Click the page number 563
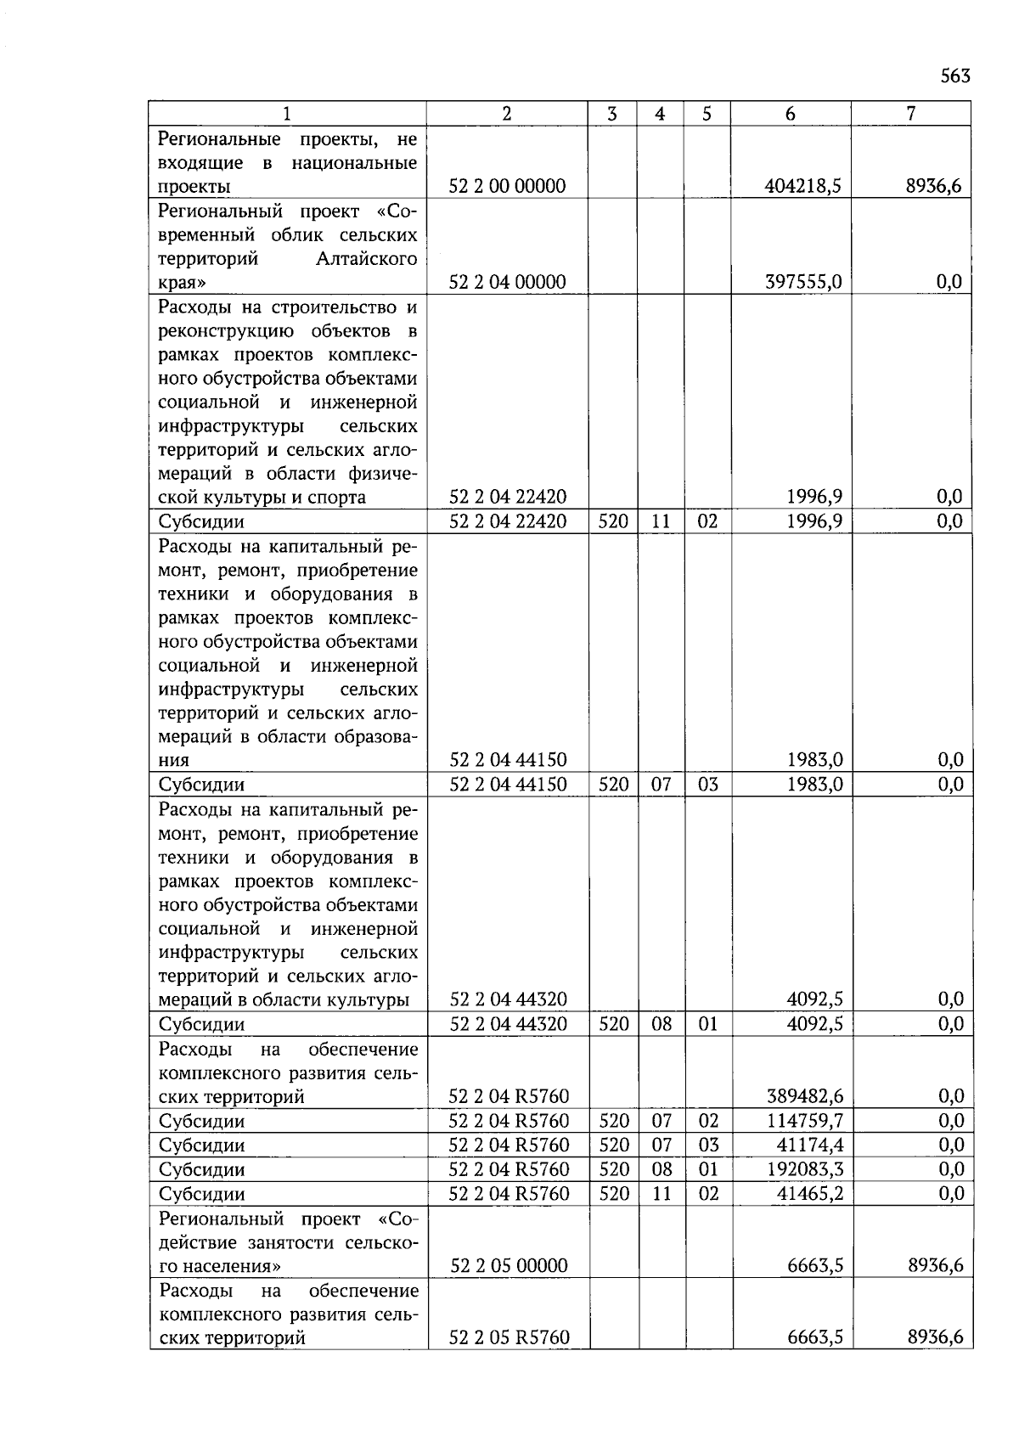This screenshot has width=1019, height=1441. point(954,76)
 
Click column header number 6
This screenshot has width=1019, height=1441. point(790,114)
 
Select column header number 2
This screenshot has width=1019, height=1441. point(507,114)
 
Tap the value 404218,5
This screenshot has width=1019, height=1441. point(802,186)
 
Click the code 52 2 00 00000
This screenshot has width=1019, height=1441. point(507,186)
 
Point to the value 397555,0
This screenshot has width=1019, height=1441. point(803,282)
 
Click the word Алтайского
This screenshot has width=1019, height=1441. point(366,258)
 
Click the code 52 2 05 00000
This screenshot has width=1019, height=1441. point(509,1265)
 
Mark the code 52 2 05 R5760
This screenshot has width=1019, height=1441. point(509,1337)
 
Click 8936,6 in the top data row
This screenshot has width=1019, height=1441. point(934,186)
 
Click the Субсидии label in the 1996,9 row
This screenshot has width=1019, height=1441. point(201,521)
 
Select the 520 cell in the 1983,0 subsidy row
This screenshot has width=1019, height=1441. point(613,785)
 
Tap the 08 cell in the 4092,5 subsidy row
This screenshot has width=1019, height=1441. point(662,1024)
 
